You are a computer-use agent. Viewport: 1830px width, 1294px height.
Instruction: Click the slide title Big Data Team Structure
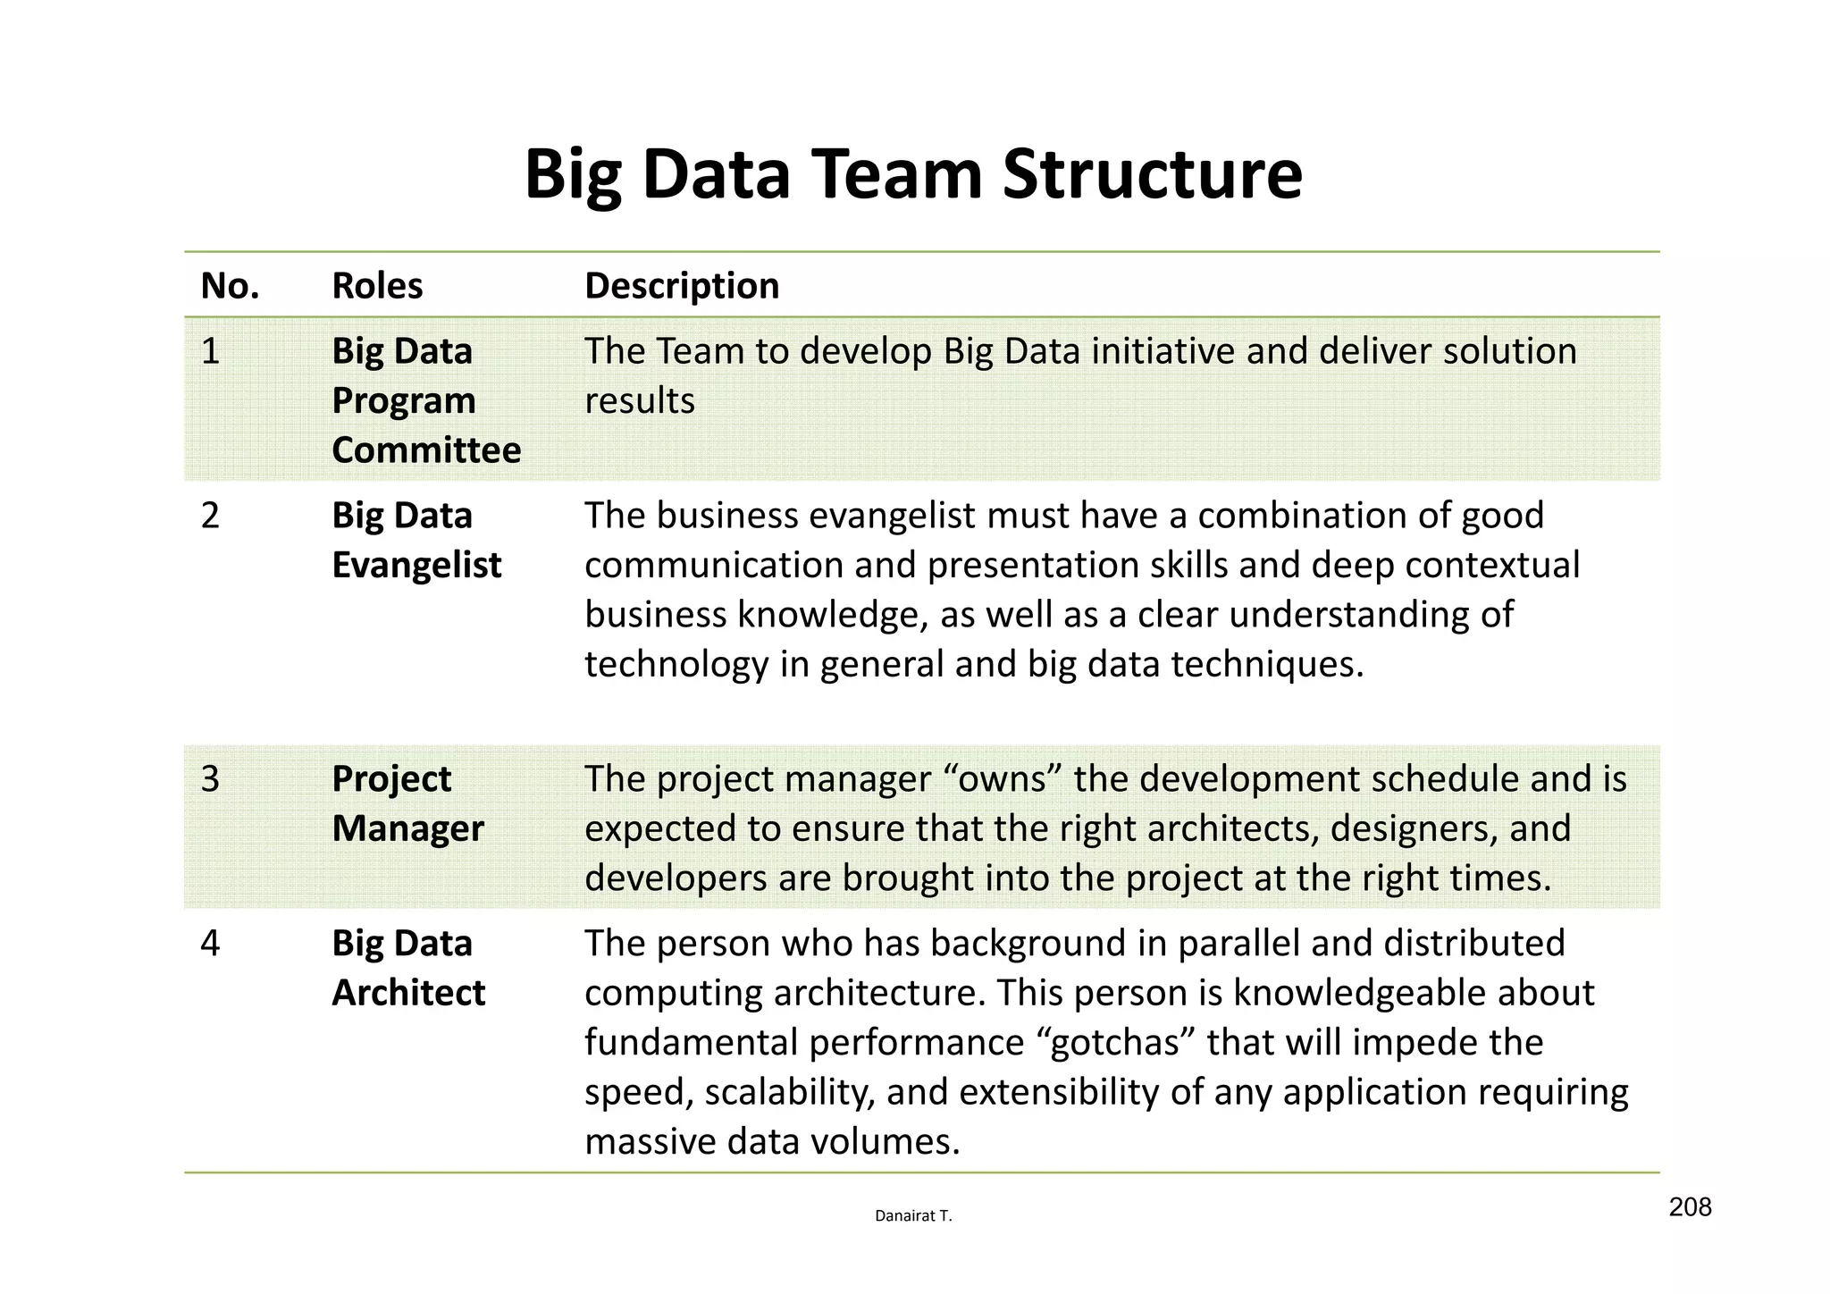click(x=913, y=173)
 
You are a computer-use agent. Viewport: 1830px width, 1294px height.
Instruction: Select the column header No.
click(x=230, y=286)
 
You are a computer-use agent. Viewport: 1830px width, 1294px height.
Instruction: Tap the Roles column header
click(x=377, y=286)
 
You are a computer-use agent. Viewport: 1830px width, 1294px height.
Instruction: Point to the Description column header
click(x=682, y=286)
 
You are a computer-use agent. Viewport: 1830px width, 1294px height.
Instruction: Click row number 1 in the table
click(x=210, y=351)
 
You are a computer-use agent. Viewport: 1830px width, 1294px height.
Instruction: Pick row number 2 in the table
click(x=210, y=516)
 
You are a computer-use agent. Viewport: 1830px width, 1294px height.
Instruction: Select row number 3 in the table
click(x=210, y=779)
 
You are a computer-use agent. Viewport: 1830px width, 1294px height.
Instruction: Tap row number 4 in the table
click(x=210, y=944)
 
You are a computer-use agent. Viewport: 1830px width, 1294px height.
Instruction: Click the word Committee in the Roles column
click(x=426, y=450)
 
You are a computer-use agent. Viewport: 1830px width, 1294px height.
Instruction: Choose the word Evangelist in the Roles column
click(x=416, y=565)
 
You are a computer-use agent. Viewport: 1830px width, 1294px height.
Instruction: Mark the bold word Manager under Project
click(x=407, y=828)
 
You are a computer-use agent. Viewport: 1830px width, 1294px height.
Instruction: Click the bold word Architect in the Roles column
click(x=408, y=993)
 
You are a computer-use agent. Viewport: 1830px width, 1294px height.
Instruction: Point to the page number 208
click(x=1690, y=1207)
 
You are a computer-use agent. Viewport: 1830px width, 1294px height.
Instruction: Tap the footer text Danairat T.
click(x=913, y=1216)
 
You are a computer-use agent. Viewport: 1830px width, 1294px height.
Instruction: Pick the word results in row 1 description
click(x=640, y=401)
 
